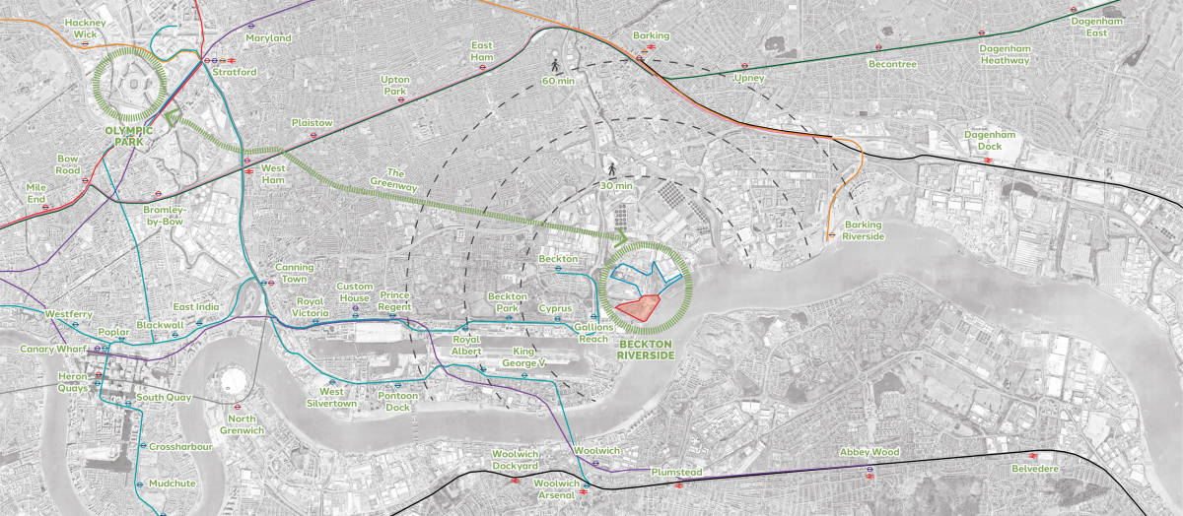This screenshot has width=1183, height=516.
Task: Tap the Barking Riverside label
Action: point(857,230)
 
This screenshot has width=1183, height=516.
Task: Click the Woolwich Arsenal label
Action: point(558,488)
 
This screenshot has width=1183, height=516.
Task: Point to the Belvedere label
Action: point(1032,469)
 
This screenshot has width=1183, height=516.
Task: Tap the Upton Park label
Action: point(395,86)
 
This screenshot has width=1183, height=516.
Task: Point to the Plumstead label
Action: point(676,473)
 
